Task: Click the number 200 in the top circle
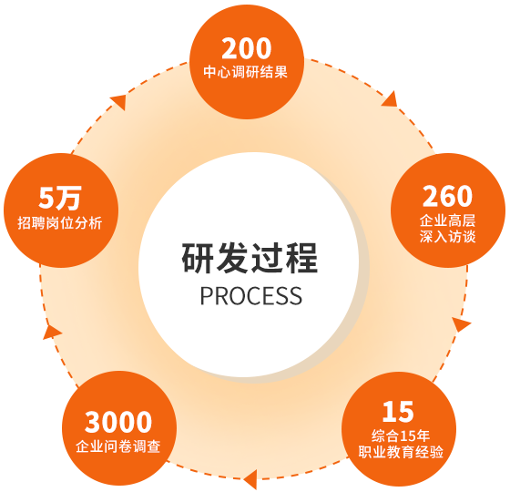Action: tap(247, 48)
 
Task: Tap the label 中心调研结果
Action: tap(246, 72)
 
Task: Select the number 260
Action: tap(447, 196)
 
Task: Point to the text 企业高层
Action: tap(447, 220)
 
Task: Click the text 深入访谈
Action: tap(447, 237)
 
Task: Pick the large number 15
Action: tap(398, 412)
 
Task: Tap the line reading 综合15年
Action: tap(401, 436)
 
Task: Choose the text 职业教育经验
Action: tap(401, 452)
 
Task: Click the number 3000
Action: tap(118, 422)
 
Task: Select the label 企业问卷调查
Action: tap(118, 446)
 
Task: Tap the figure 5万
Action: tap(60, 199)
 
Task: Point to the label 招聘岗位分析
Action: tap(60, 223)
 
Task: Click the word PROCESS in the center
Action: tap(250, 296)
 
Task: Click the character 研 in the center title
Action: tap(198, 258)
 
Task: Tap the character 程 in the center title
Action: tap(301, 258)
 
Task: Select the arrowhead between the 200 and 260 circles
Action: tap(391, 99)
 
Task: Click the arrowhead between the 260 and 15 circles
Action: tap(461, 324)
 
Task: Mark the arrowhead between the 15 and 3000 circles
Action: tap(251, 479)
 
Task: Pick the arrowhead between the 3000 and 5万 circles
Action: tap(51, 332)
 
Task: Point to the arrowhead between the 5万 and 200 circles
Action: tap(119, 102)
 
